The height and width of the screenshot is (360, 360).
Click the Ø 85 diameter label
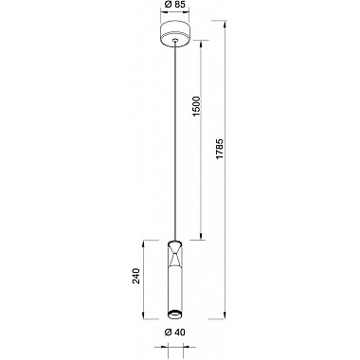(175, 4)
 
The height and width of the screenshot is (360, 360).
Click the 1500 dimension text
(197, 106)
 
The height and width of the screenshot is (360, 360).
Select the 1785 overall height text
(220, 149)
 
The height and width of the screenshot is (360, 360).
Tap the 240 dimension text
(135, 277)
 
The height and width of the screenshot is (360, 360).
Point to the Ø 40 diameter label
(174, 333)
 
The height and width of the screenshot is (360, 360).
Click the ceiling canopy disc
(175, 34)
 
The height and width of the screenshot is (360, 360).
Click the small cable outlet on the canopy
(175, 40)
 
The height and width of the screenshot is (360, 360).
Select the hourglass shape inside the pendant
(175, 257)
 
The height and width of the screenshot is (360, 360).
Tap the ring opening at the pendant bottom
(175, 315)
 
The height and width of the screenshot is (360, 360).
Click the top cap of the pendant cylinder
(175, 243)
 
